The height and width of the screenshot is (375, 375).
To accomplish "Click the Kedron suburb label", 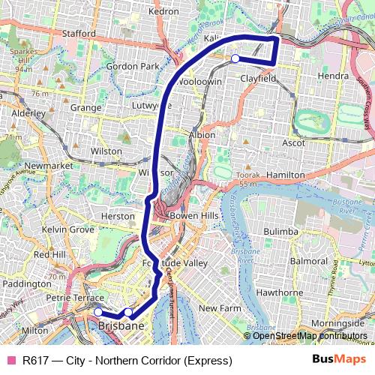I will click(x=164, y=11).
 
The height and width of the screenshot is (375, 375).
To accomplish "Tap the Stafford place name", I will click(x=80, y=33).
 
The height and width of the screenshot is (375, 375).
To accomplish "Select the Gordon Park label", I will click(x=133, y=66).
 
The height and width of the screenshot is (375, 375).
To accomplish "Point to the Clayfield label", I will click(x=259, y=77).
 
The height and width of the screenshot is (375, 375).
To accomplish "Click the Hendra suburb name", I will click(x=333, y=76).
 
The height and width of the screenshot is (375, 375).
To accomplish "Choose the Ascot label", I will click(x=293, y=142).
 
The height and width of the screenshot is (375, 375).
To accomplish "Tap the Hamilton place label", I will click(x=285, y=174).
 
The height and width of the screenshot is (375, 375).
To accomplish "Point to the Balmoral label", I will click(x=309, y=261).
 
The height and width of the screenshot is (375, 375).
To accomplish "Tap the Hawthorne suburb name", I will click(x=279, y=292).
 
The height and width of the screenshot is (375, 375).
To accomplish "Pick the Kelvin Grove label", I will click(x=68, y=228).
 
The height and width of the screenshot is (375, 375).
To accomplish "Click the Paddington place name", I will click(x=26, y=284).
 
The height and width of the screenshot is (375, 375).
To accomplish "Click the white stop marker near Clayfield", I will click(x=235, y=58).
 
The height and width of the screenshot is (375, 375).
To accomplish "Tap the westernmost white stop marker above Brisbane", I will click(x=98, y=311).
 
